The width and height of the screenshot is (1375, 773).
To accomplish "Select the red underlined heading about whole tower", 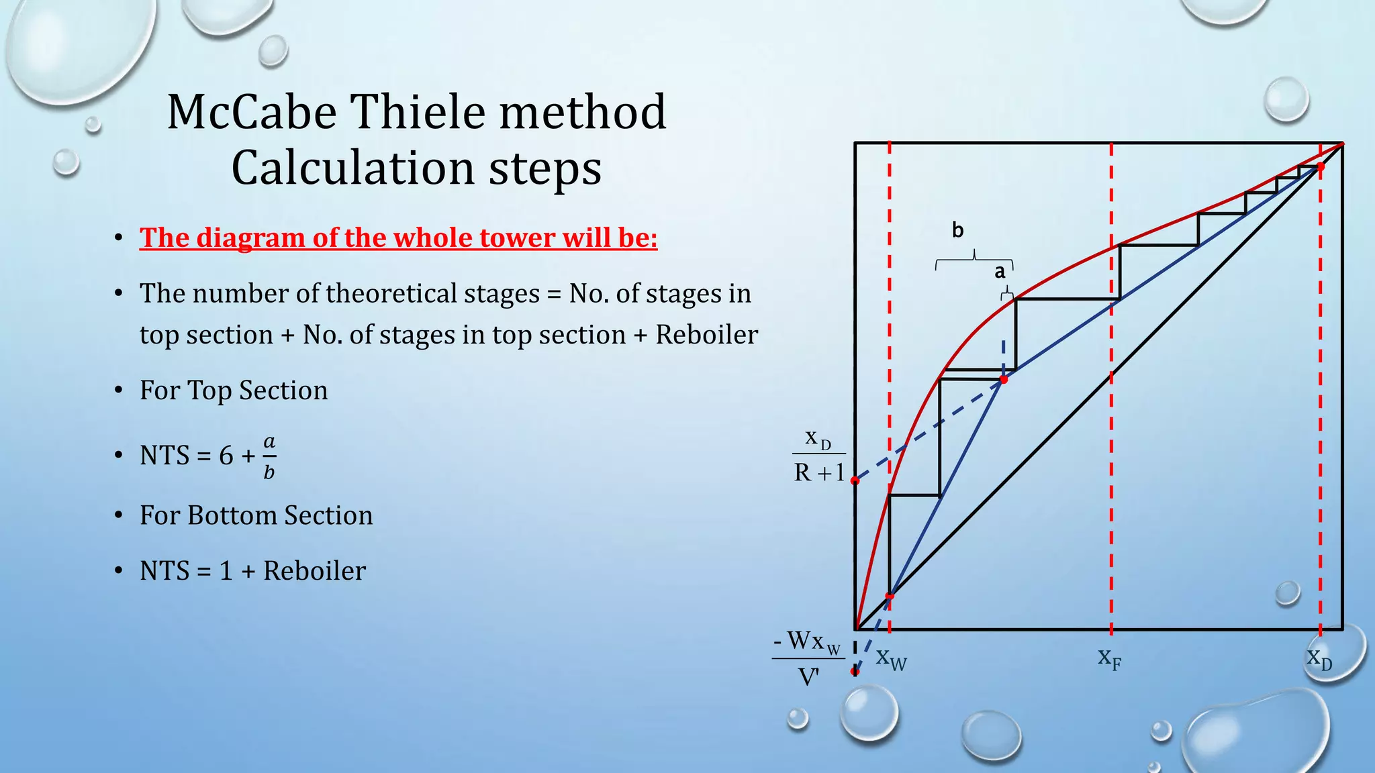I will coord(398,238).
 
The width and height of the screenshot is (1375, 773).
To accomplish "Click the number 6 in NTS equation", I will coord(226,456).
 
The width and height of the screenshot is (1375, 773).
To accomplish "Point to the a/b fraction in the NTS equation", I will coord(269,457).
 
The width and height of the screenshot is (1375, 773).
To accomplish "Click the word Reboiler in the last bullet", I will coord(314,571).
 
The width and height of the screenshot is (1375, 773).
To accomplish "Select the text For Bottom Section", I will coord(256,515).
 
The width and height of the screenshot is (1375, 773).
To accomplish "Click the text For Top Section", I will coord(234,391).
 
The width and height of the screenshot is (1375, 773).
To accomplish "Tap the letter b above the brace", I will coord(958,231).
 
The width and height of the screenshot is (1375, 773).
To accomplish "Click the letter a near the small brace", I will coord(1000,272).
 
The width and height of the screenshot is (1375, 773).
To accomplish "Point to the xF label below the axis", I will coord(1109,658).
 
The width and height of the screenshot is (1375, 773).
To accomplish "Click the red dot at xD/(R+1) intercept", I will coord(855,480).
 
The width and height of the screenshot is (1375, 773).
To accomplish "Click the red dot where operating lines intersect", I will coord(1004,380).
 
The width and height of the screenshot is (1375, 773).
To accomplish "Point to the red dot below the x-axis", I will coord(855,671).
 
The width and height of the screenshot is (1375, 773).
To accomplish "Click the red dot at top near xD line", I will coord(1320,166).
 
